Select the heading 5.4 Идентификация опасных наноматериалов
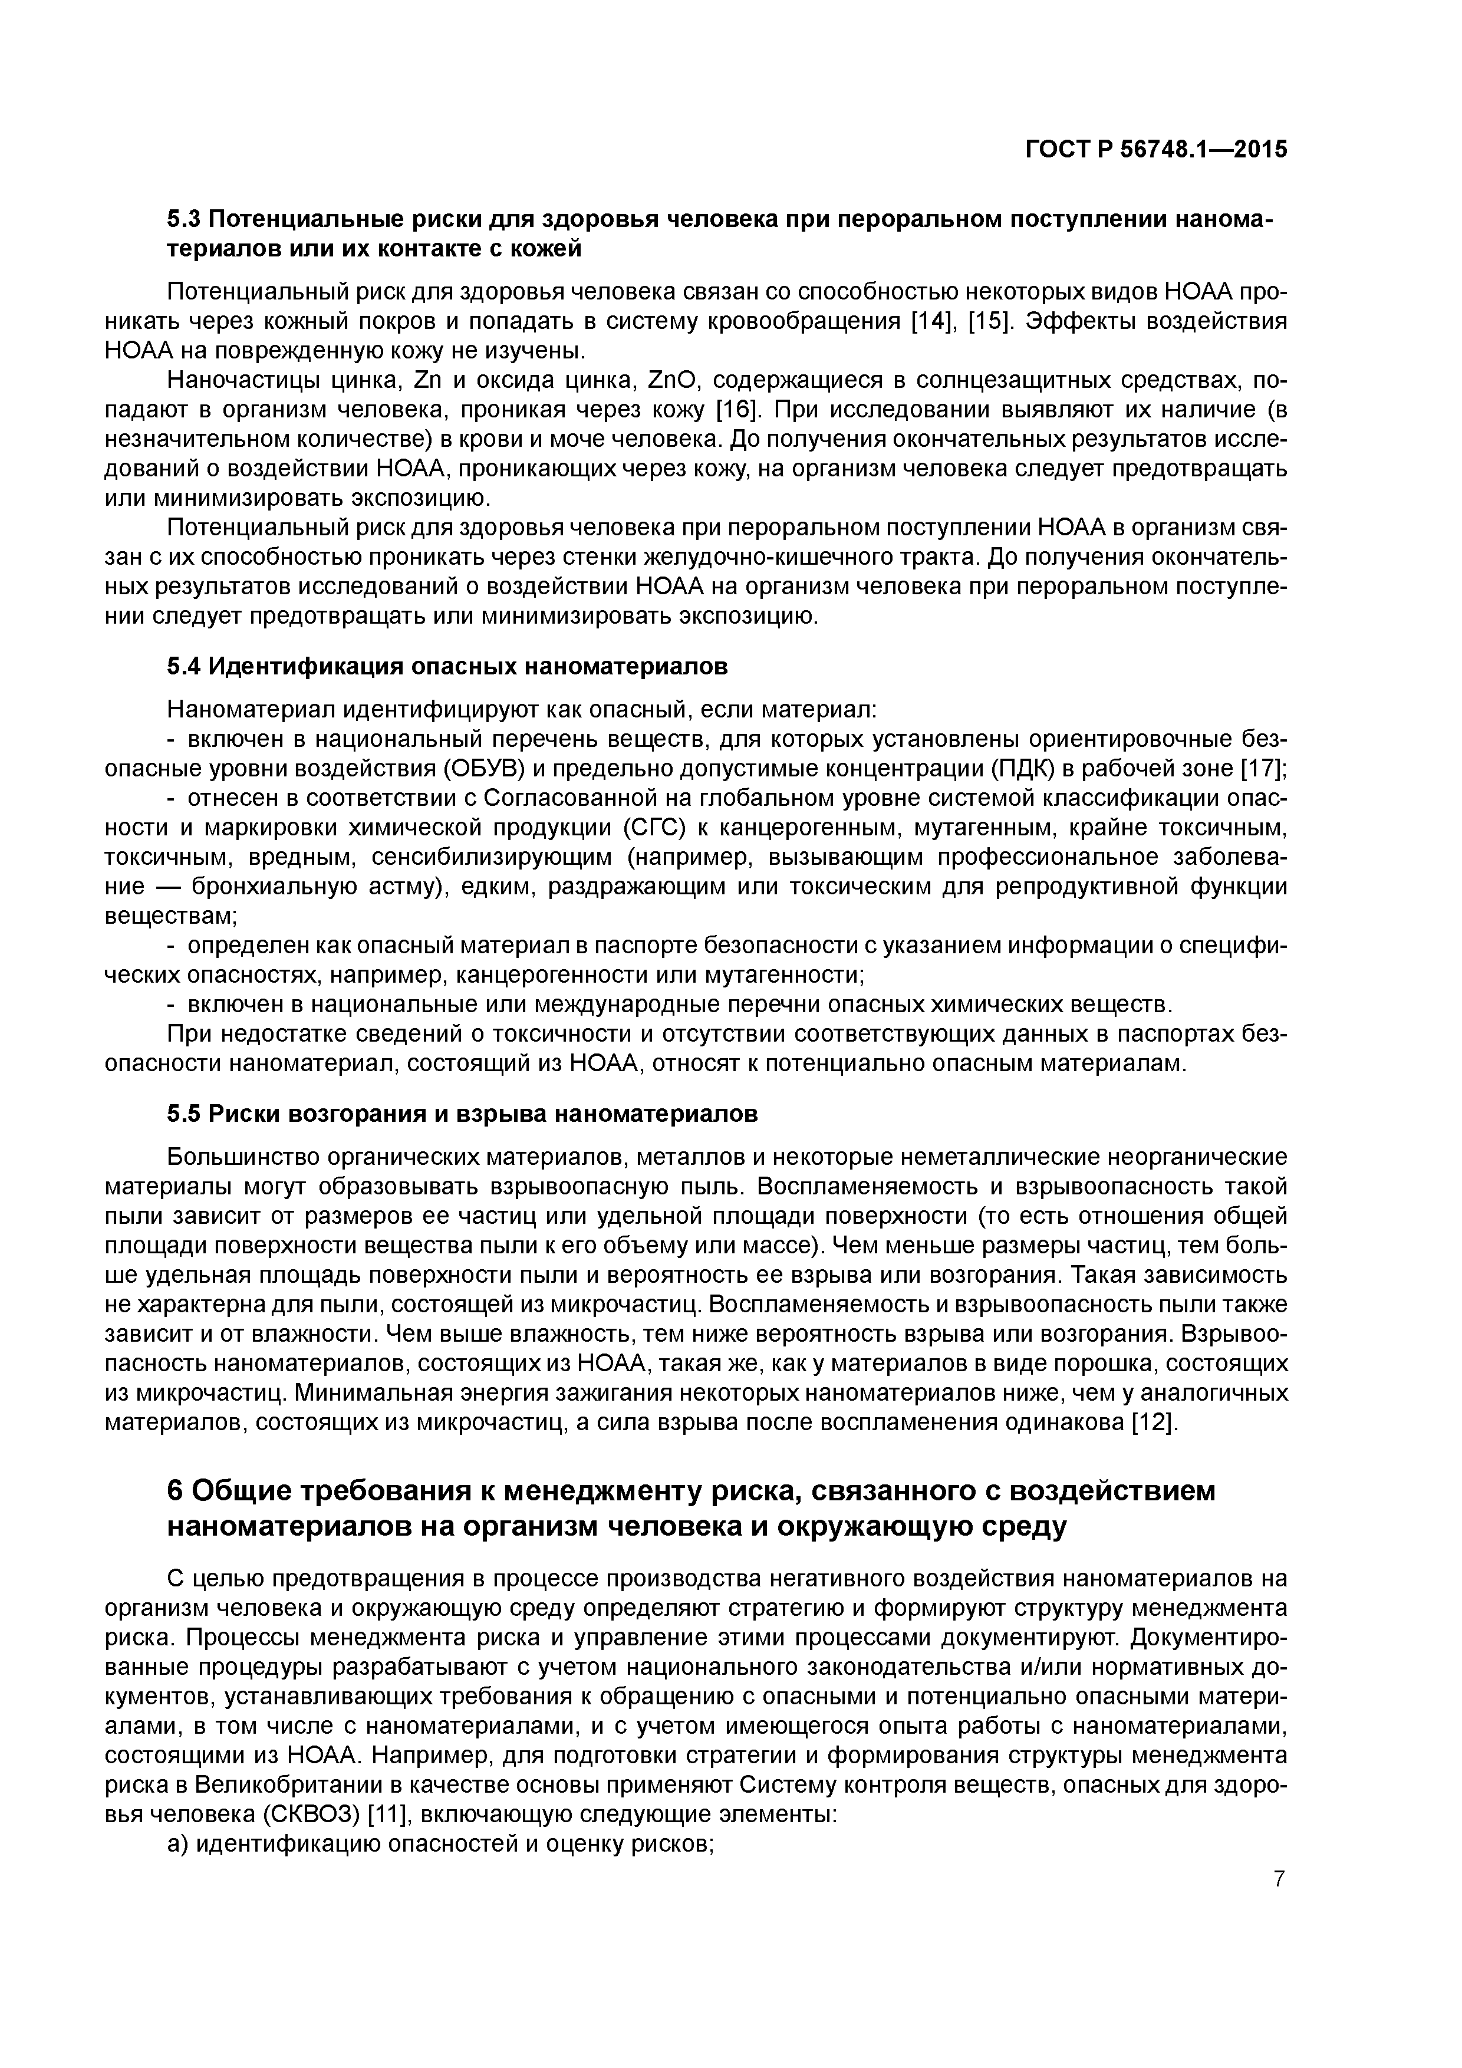click(x=447, y=667)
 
